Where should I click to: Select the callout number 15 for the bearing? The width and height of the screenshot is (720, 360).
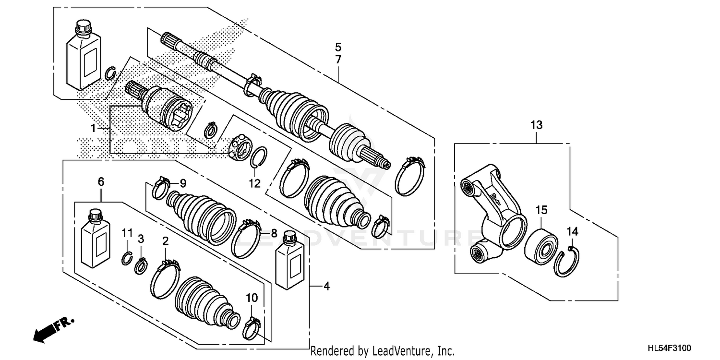click(x=541, y=210)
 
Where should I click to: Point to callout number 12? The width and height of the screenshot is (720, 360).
click(x=254, y=183)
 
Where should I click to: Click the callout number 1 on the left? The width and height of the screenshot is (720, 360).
click(x=94, y=128)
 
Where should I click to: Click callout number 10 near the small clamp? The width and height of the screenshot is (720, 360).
click(x=252, y=298)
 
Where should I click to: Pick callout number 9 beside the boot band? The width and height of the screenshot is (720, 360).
click(x=182, y=183)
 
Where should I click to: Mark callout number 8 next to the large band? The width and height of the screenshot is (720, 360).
click(x=273, y=234)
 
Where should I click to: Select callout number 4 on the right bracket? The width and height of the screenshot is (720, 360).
click(x=326, y=287)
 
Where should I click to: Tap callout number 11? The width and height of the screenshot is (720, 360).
click(x=127, y=233)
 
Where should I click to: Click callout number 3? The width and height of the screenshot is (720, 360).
click(x=141, y=238)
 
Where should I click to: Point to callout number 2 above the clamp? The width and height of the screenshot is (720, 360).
click(x=165, y=241)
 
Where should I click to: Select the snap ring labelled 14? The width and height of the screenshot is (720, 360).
click(x=566, y=262)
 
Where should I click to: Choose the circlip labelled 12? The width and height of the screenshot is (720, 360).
click(x=259, y=158)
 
